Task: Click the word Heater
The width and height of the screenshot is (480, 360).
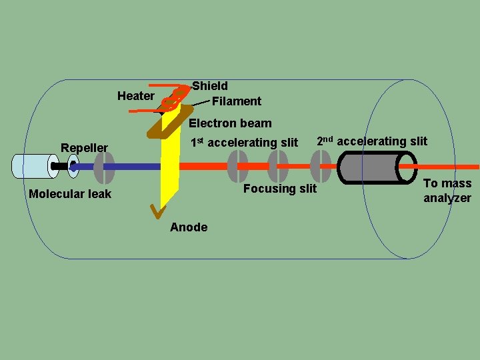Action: coord(135,96)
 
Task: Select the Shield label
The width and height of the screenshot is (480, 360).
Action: coord(210,86)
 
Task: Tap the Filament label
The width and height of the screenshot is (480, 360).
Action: coord(236,101)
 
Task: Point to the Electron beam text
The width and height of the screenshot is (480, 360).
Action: coord(230,123)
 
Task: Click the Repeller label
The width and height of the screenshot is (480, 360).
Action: coord(84,147)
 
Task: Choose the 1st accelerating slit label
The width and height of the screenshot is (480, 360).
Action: coord(244,143)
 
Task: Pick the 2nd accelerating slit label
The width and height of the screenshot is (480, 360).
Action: coord(371,141)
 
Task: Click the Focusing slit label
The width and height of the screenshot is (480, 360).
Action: coord(280,189)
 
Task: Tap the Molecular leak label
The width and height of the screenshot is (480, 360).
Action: coord(70,194)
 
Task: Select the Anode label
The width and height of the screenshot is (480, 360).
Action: coord(189,227)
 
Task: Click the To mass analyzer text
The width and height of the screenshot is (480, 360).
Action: coord(447,191)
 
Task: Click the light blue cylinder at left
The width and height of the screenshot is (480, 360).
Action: coord(33,166)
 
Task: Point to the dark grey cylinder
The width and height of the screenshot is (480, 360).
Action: coord(377,166)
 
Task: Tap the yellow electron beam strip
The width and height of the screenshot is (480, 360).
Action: coord(171,173)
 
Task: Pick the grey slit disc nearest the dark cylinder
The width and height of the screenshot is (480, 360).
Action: coord(321,166)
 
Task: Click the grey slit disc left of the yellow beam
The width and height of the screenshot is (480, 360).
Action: coord(104,167)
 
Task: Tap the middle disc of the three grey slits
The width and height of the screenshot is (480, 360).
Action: coord(278,166)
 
